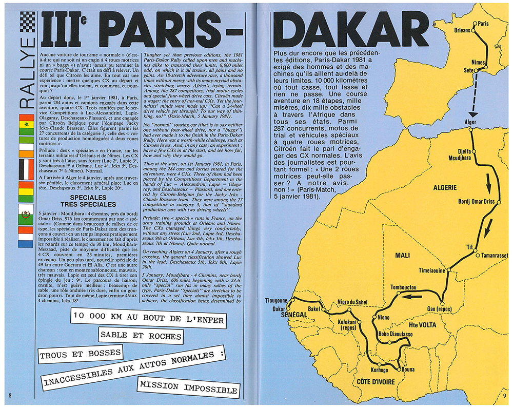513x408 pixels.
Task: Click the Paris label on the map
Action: tap(483, 24)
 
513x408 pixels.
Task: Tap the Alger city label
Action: tap(470, 123)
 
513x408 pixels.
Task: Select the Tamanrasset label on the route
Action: tap(494, 256)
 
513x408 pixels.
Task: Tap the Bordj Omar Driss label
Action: tap(476, 201)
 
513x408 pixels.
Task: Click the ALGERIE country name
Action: tap(445, 188)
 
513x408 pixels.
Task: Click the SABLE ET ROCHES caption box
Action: tap(140, 336)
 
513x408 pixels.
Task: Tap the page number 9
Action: tap(504, 395)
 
